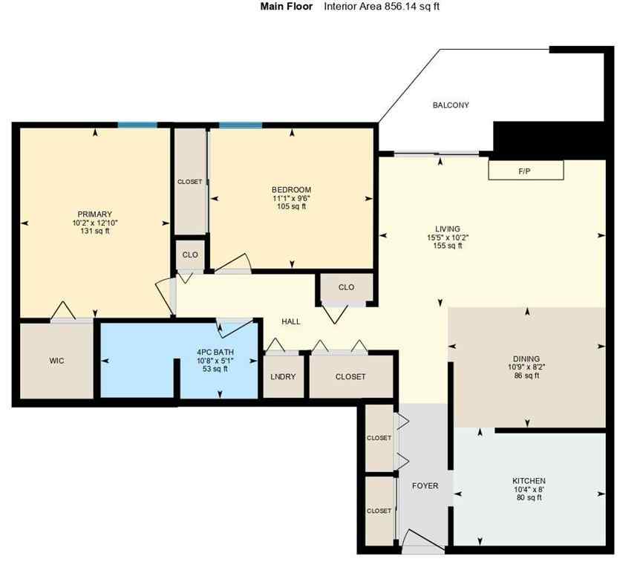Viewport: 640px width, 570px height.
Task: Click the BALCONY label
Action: click(x=451, y=105)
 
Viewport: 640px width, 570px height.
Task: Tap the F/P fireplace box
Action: click(x=525, y=171)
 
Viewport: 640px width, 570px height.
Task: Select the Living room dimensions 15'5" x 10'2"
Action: click(x=448, y=237)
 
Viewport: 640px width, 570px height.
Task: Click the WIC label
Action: click(x=56, y=361)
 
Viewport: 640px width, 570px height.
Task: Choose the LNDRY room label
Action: click(x=283, y=377)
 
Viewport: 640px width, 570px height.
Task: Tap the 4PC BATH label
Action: click(x=215, y=353)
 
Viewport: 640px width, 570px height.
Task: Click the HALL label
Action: click(x=290, y=321)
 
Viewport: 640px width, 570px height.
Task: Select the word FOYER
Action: click(x=425, y=486)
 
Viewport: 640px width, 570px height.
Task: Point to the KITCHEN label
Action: click(x=529, y=481)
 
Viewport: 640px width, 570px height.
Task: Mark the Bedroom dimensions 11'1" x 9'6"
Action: click(x=291, y=198)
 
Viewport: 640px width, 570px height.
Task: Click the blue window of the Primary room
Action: click(x=137, y=125)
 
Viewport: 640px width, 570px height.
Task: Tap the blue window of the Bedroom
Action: click(x=240, y=125)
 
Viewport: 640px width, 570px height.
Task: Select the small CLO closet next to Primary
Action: click(x=190, y=255)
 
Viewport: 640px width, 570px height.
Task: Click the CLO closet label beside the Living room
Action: click(x=346, y=287)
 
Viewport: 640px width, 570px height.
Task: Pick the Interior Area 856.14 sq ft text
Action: click(x=386, y=7)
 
